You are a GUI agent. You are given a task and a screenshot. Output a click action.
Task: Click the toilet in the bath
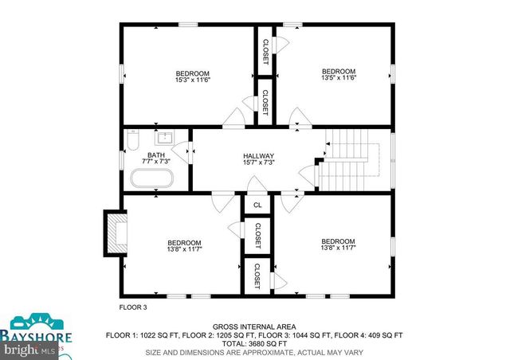point(133,142)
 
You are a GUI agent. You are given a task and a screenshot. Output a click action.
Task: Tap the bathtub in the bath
point(151,180)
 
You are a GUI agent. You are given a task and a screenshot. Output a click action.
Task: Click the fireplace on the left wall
point(116,233)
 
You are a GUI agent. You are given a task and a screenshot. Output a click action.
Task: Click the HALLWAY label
point(259,156)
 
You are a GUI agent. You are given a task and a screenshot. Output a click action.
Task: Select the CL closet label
point(257,205)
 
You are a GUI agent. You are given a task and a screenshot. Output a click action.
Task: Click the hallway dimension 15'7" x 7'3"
point(259,162)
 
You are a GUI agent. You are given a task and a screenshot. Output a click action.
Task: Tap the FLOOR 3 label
point(133,307)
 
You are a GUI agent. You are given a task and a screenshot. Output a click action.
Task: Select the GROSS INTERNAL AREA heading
point(254,327)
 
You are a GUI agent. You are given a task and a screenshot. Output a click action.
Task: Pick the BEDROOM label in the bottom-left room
point(184,242)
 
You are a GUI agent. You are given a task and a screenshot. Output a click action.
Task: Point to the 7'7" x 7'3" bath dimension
point(156,162)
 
